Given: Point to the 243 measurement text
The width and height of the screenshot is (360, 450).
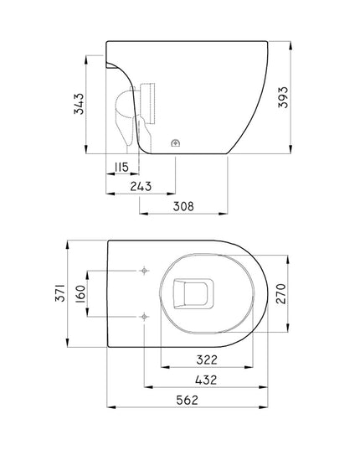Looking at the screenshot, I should click(x=143, y=185).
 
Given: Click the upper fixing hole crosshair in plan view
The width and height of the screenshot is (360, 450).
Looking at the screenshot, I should click(x=145, y=272).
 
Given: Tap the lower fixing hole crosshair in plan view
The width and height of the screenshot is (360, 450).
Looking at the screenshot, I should click(x=145, y=316).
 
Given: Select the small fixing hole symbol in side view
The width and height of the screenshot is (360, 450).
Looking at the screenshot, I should click(x=175, y=142).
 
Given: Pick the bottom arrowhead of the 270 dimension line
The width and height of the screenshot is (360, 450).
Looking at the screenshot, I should click(x=289, y=332).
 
